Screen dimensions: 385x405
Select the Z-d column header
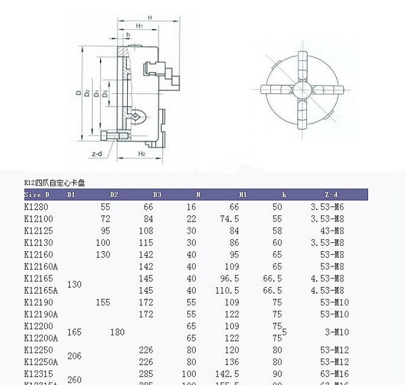coord(331,195)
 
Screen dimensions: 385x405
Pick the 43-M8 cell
coord(335,231)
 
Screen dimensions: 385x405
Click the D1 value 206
coord(74,357)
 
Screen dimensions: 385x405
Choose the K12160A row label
coord(41,266)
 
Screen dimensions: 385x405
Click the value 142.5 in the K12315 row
coord(229,374)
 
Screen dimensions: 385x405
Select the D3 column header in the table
coord(157,195)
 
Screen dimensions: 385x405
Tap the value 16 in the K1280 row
coord(191,207)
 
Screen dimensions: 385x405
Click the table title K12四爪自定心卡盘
coord(54,182)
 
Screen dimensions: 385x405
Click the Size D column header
coord(37,195)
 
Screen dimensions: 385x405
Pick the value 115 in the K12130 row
coord(146,243)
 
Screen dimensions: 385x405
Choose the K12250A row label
coord(41,362)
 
